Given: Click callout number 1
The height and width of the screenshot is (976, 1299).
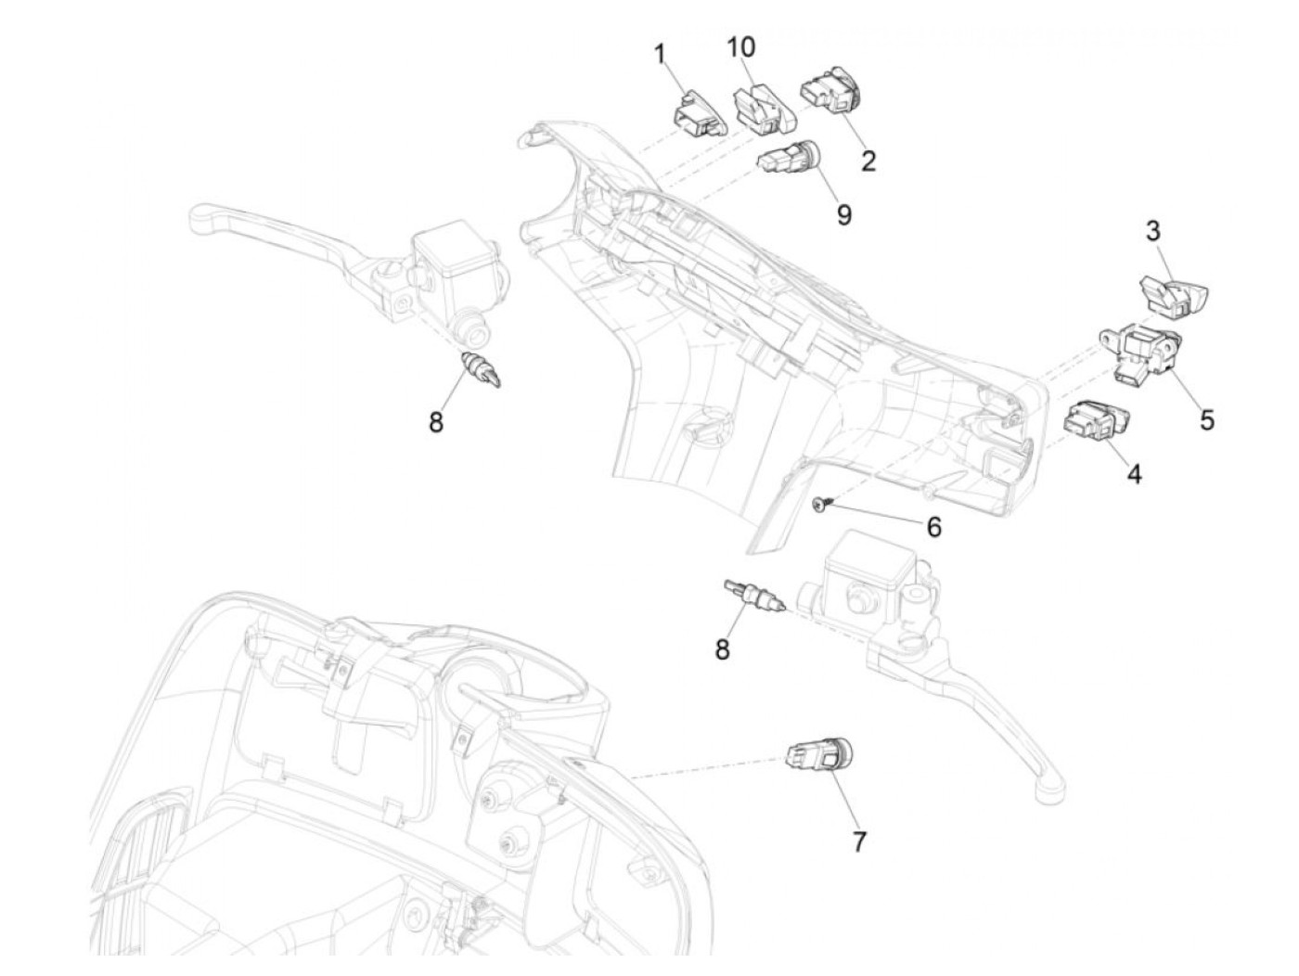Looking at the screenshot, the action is coord(661,55).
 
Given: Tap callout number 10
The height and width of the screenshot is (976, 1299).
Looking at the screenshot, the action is coord(741,46).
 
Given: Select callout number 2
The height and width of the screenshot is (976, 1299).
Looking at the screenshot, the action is coord(868,160).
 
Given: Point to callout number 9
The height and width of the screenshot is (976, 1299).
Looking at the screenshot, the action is coord(843,214).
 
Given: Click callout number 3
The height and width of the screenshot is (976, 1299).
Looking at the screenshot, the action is coord(1152,231).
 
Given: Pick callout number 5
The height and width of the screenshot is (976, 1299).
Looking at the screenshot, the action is coord(1206,419).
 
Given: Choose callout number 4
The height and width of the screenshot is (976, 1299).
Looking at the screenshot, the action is coord(1135,474).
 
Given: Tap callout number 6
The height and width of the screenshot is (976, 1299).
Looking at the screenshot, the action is coord(934,527).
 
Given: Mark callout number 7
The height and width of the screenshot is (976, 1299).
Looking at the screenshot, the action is coord(858,841).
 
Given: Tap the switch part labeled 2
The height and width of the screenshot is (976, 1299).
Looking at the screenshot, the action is coord(833,93).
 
